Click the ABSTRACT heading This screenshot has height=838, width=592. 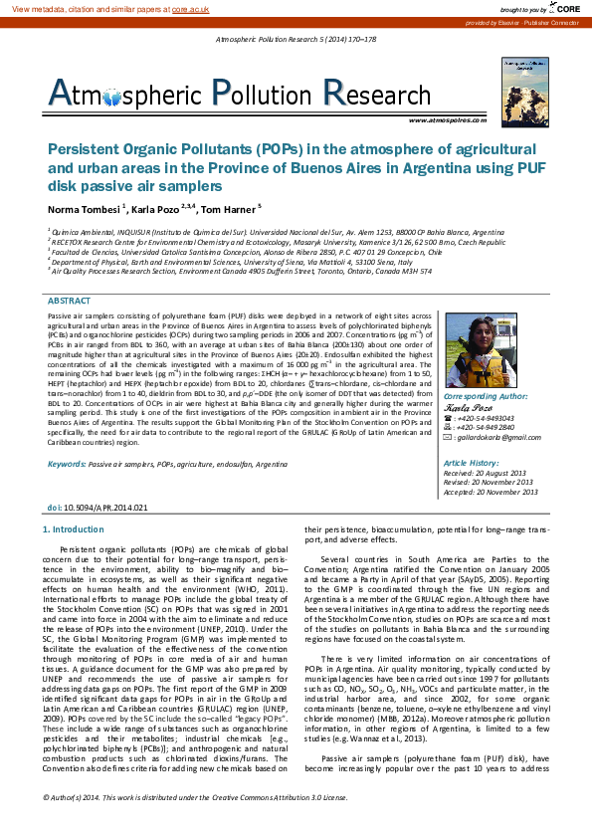coord(69,273)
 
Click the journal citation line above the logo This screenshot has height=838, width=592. coord(296,40)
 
